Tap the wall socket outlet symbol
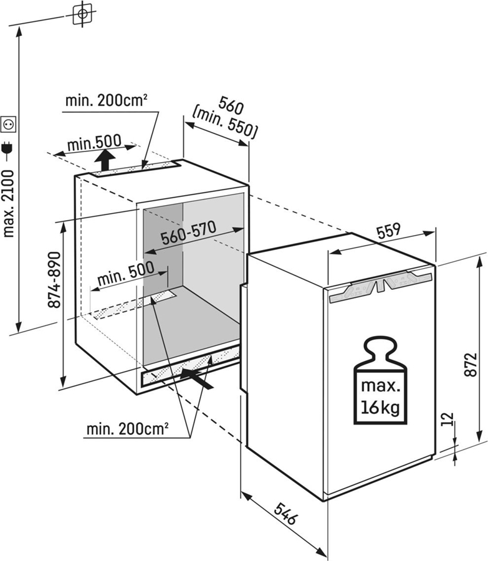click(9, 125)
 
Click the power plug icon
click(9, 148)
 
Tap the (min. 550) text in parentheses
click(225, 123)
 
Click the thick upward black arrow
click(105, 161)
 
